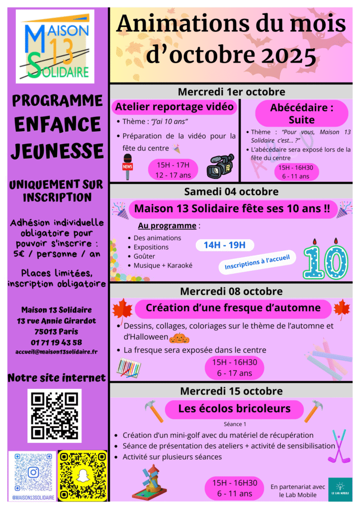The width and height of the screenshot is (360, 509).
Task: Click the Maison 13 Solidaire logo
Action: [55, 46]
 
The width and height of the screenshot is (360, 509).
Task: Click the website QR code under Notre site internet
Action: [54, 416]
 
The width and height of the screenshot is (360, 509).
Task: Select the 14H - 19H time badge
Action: [225, 245]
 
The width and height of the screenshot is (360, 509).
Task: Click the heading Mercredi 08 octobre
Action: [231, 291]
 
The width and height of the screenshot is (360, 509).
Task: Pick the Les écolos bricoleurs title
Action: [234, 409]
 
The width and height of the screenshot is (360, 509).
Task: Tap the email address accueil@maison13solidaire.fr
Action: [56, 351]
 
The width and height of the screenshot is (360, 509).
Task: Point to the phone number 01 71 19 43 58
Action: [56, 342]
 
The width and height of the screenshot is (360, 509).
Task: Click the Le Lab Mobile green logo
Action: [340, 489]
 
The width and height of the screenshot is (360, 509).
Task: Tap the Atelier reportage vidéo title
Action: [174, 106]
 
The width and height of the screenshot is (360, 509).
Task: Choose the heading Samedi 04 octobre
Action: [231, 191]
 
